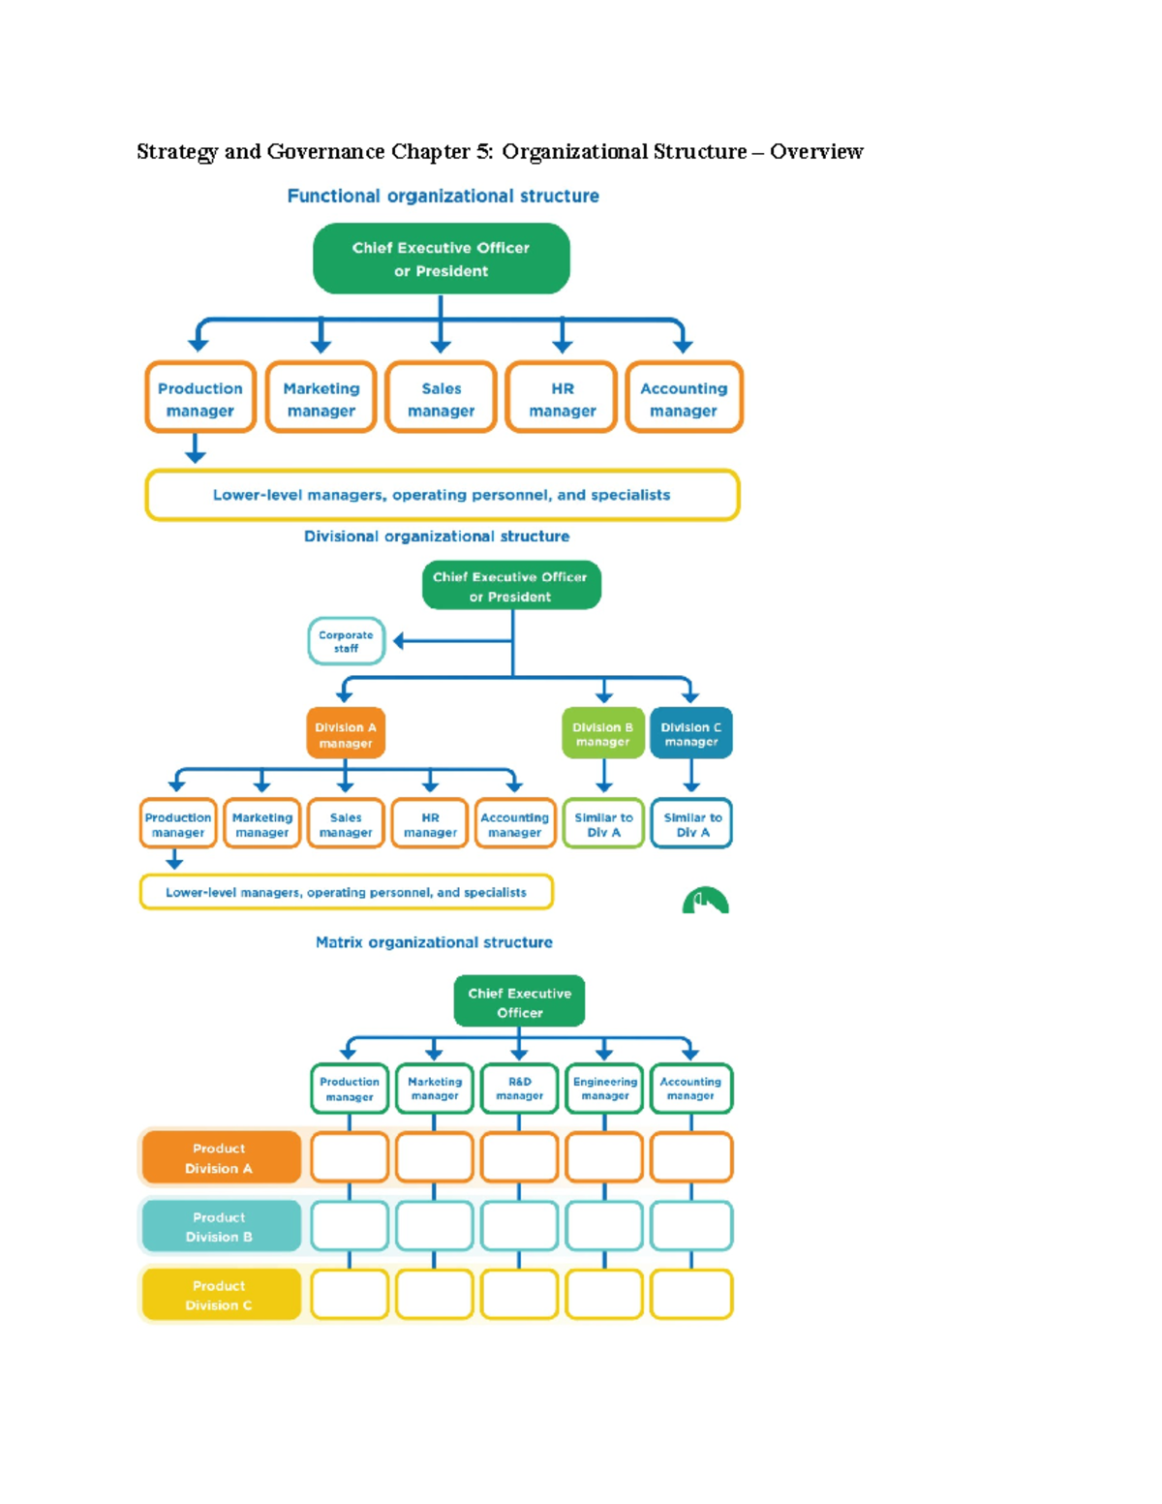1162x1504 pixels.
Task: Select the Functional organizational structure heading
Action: coord(443,197)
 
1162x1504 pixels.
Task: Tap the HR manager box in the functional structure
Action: coord(562,398)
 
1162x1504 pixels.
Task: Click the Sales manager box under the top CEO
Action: coord(441,398)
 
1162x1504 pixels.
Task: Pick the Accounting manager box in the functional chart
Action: coord(684,398)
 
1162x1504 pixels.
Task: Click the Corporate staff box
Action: coord(346,641)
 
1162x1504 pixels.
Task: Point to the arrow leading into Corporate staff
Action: coord(400,641)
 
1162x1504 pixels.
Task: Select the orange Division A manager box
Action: coord(346,734)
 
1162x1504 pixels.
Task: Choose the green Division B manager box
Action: coord(602,734)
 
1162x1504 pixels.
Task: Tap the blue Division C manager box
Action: coord(690,734)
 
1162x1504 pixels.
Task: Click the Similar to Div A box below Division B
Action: coord(603,824)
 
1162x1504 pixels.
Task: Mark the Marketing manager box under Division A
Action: coord(261,824)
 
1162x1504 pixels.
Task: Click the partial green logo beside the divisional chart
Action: coord(705,902)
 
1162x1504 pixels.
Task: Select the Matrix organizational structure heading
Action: coord(434,942)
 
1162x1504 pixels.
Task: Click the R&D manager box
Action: coord(519,1089)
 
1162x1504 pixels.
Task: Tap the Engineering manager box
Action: coord(604,1089)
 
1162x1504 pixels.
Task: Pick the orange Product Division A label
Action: coord(220,1158)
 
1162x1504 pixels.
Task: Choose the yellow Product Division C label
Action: coord(220,1295)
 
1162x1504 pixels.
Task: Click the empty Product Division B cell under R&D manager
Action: coord(519,1226)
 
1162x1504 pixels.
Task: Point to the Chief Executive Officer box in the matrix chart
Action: coord(519,1001)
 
